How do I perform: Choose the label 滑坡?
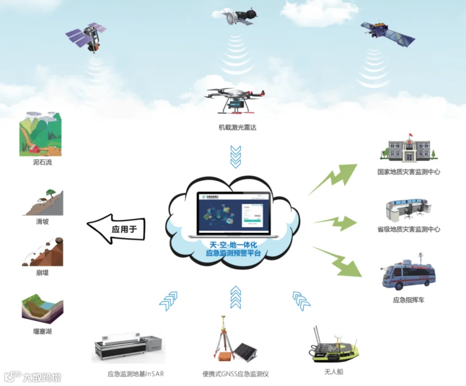pyautogui.click(x=42, y=221)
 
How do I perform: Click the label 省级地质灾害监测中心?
pyautogui.click(x=409, y=229)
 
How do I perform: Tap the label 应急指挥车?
pyautogui.click(x=409, y=300)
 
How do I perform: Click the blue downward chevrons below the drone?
pyautogui.click(x=236, y=156)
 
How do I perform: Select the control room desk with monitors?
pyautogui.click(x=408, y=207)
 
